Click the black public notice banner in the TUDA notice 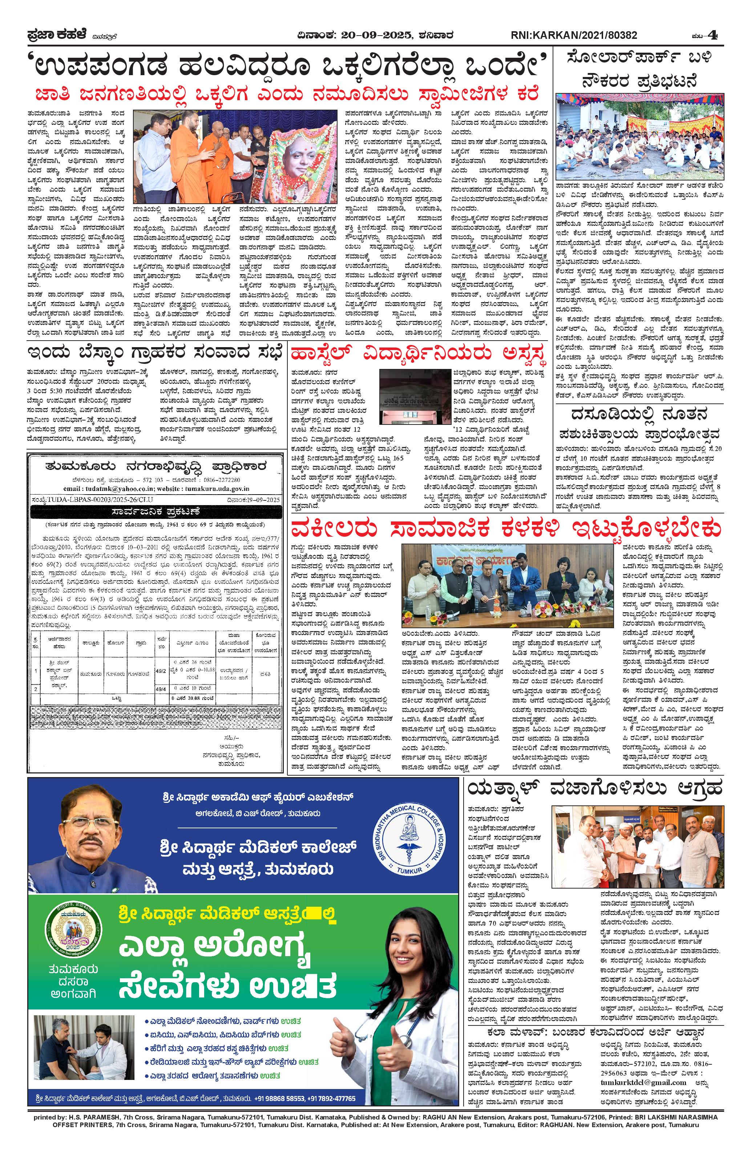pos(155,512)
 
